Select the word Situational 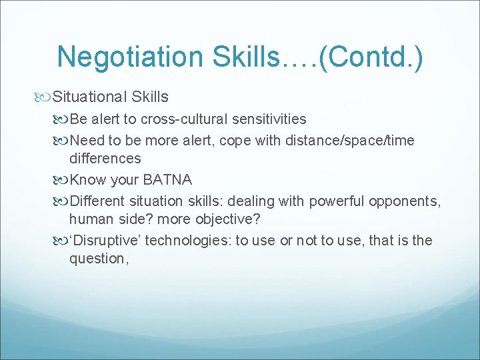(89, 97)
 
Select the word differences (105, 159)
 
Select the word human (91, 219)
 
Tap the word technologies (184, 240)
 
